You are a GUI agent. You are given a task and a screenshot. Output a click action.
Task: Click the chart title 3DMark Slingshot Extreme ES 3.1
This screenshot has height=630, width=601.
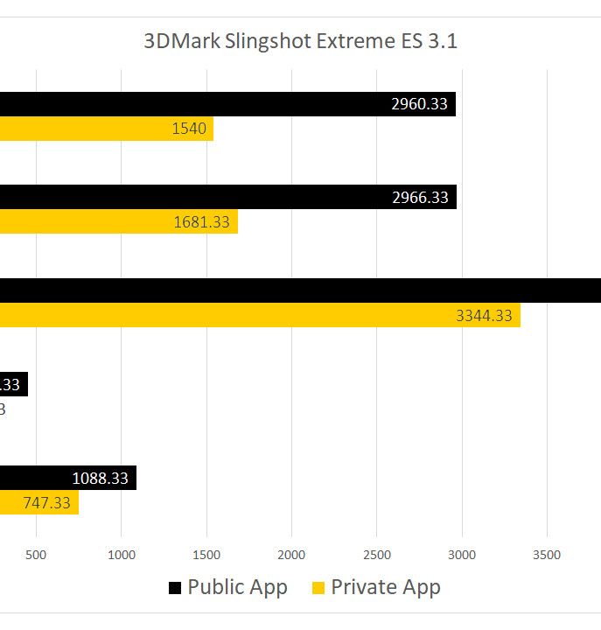pyautogui.click(x=300, y=41)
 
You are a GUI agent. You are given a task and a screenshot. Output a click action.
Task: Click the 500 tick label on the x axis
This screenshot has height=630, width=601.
pyautogui.click(x=36, y=554)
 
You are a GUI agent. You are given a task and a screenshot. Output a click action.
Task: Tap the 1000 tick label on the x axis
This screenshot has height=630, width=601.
pyautogui.click(x=121, y=554)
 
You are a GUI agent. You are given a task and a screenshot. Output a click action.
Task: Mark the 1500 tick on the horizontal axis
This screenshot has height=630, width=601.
pyautogui.click(x=206, y=554)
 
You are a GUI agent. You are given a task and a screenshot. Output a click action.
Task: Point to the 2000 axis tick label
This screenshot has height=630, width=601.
pyautogui.click(x=291, y=554)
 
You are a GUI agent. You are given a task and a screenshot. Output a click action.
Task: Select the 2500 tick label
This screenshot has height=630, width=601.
pyautogui.click(x=377, y=554)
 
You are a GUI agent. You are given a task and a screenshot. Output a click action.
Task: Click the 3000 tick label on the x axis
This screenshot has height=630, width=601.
pyautogui.click(x=462, y=554)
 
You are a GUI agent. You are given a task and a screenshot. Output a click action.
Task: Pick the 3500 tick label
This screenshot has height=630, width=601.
pyautogui.click(x=547, y=554)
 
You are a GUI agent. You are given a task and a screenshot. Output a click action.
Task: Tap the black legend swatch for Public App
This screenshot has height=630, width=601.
pyautogui.click(x=175, y=588)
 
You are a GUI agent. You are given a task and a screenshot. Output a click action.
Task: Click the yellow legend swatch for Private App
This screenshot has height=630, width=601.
pyautogui.click(x=318, y=588)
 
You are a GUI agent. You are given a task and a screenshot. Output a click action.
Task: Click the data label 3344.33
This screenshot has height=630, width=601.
pyautogui.click(x=484, y=315)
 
